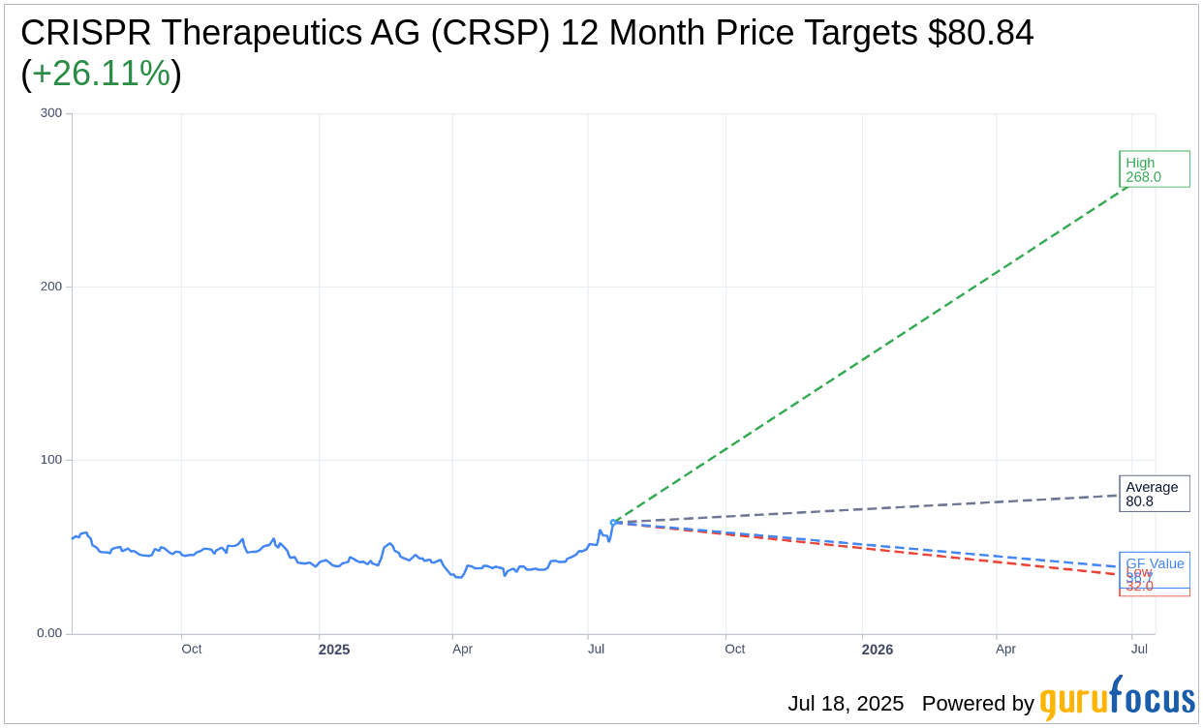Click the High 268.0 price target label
[x=1154, y=169]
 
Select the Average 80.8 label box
[x=1154, y=494]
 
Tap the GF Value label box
[x=1155, y=563]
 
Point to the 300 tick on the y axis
[x=50, y=113]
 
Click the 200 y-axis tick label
[x=50, y=287]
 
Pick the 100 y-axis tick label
[x=50, y=460]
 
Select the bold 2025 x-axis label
[x=334, y=650]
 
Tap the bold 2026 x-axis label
[x=878, y=650]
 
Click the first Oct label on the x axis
[x=192, y=649]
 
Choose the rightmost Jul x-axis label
[x=1139, y=649]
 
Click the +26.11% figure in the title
[x=101, y=74]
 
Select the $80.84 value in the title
[x=980, y=33]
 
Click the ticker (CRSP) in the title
[x=490, y=33]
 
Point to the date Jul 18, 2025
[x=845, y=704]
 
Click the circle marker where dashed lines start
[x=613, y=523]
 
